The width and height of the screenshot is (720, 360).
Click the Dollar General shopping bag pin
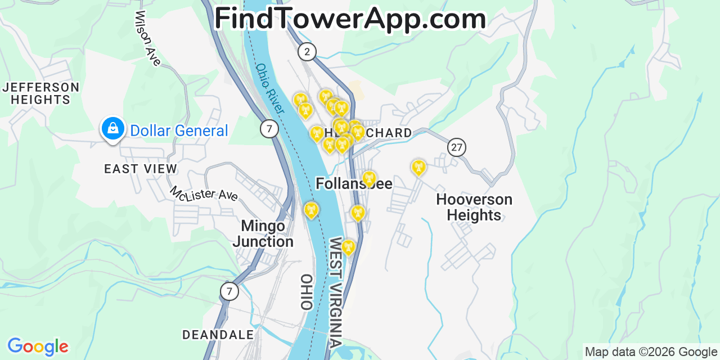pos(113,129)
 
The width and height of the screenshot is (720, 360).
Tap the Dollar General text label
pos(179,131)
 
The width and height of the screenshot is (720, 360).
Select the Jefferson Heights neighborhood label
pos(40,93)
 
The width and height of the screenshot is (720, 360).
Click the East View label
pos(141,169)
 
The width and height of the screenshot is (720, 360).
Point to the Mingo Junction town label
pos(263,233)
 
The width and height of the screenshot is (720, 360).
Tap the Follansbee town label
pos(354,184)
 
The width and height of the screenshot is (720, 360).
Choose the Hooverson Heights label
pos(474,207)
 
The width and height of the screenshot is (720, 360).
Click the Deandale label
pos(218,335)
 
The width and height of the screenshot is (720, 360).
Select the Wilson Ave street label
pos(148,38)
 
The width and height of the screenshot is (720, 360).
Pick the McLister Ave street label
pos(204,194)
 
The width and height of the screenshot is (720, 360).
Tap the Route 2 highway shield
pos(307,52)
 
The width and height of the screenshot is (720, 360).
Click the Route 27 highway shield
pos(457,148)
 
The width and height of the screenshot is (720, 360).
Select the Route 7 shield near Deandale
pos(229,291)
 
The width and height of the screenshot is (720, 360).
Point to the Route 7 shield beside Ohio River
pos(269,129)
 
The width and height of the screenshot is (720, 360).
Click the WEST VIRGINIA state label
pos(336,292)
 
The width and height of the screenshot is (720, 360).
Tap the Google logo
pos(38,346)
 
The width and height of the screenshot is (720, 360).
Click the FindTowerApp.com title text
pos(350,19)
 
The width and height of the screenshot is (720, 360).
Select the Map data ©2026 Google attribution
pos(651,352)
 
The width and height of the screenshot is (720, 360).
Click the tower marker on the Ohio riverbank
pos(310,210)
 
